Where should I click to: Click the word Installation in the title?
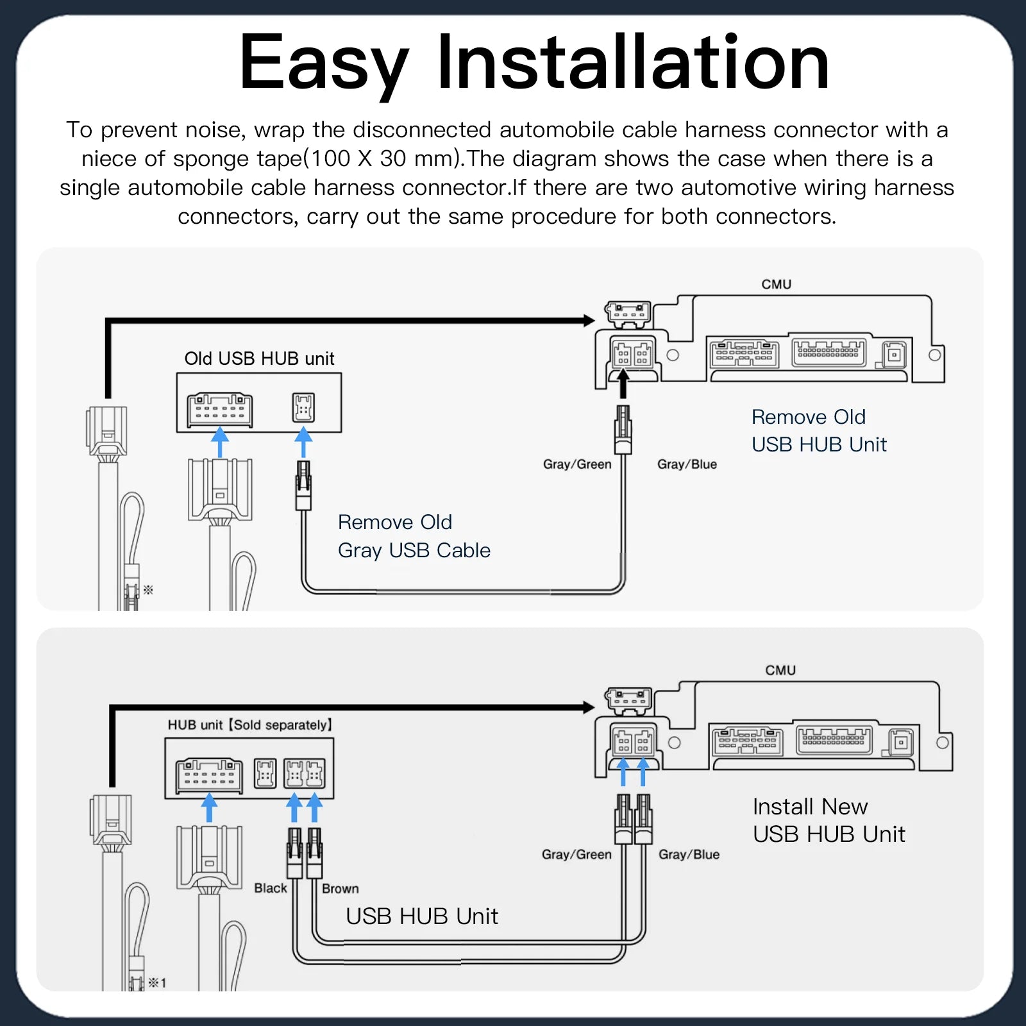pyautogui.click(x=634, y=63)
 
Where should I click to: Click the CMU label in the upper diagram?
pyautogui.click(x=776, y=284)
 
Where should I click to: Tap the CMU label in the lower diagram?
pyautogui.click(x=780, y=670)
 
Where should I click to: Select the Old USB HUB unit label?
pyautogui.click(x=259, y=358)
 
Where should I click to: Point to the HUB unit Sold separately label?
pyautogui.click(x=250, y=725)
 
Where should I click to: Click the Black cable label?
pyautogui.click(x=270, y=888)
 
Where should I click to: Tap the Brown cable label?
pyautogui.click(x=340, y=889)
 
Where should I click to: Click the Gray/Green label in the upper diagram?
pyautogui.click(x=576, y=464)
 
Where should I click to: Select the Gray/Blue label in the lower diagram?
pyautogui.click(x=689, y=854)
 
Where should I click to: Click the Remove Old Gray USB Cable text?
pyautogui.click(x=414, y=536)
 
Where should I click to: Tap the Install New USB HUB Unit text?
pyautogui.click(x=828, y=820)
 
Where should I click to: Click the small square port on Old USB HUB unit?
pyautogui.click(x=303, y=407)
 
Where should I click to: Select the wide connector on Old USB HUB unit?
pyautogui.click(x=220, y=410)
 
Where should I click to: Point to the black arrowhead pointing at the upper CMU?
pyautogui.click(x=589, y=320)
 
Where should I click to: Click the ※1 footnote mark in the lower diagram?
pyautogui.click(x=157, y=982)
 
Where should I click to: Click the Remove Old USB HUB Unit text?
pyautogui.click(x=818, y=430)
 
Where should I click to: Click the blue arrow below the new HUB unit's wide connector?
pyautogui.click(x=209, y=807)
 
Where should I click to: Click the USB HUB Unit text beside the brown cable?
pyautogui.click(x=421, y=916)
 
